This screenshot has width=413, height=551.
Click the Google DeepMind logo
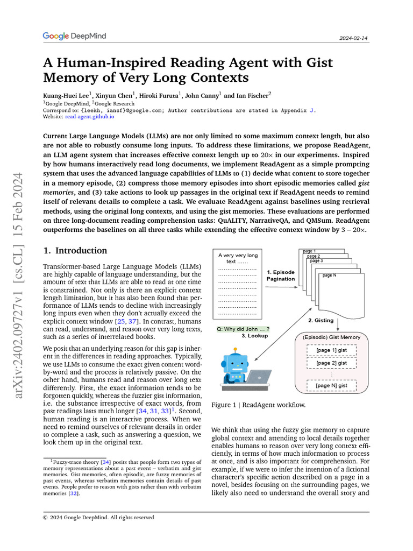pos(74,36)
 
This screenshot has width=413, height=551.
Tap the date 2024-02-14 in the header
pos(354,38)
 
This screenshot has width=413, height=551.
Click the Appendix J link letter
pos(312,109)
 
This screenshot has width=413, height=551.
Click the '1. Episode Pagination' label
pos(281,275)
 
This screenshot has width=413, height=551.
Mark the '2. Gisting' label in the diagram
pos(321,320)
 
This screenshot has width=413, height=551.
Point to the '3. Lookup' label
pos(254,336)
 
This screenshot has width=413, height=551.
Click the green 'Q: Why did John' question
pos(243,329)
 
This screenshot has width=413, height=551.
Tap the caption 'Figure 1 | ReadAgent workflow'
pos(259,405)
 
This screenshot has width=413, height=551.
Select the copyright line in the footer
pos(98,517)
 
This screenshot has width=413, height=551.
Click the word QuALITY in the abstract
pos(233,221)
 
